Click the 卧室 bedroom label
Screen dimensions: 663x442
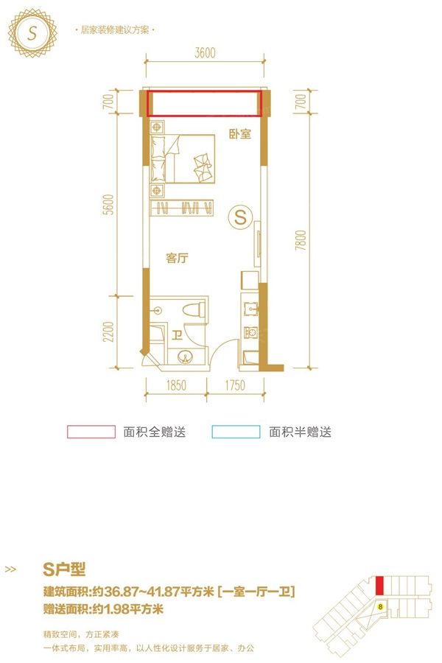(x=240, y=135)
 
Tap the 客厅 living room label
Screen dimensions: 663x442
(x=178, y=259)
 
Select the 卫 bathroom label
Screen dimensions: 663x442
(x=178, y=336)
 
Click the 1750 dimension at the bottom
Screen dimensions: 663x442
(x=234, y=384)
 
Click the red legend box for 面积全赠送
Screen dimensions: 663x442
(x=91, y=432)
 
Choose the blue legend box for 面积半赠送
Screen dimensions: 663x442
(x=236, y=432)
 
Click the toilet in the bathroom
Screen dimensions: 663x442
(x=193, y=311)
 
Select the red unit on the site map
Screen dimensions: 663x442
(x=379, y=585)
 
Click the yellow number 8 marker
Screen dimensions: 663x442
(x=379, y=607)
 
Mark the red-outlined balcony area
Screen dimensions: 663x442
(x=205, y=103)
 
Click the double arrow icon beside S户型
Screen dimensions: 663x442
(x=11, y=569)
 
